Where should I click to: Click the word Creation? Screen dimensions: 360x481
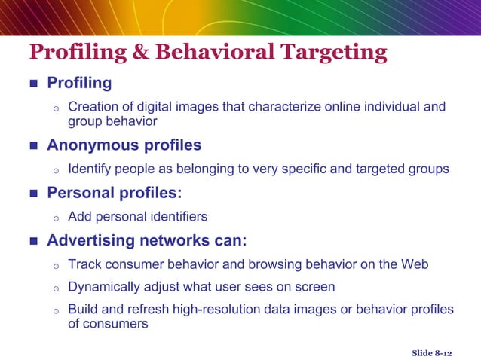(x=93, y=107)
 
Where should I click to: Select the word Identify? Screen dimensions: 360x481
(x=90, y=169)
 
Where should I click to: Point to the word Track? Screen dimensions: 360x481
(x=84, y=264)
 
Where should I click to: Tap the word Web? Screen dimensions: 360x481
(x=415, y=264)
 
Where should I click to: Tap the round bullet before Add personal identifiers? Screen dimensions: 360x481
(x=56, y=218)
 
